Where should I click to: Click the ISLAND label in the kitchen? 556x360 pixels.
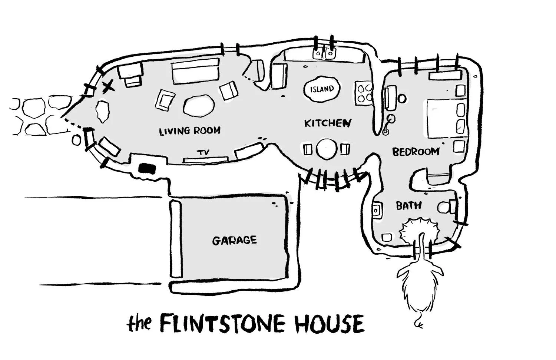pos(322,89)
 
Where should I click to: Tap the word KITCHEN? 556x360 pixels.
pos(327,123)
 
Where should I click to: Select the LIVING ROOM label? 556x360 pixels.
pos(190,131)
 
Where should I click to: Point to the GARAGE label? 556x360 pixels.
pos(234,240)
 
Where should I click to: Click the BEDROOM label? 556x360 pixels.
pos(416,152)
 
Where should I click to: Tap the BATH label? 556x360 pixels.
pos(408,205)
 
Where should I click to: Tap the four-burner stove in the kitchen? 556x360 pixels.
pos(364,93)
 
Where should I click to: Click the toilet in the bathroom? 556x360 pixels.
pos(447,207)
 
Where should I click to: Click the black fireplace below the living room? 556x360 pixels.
pos(147,168)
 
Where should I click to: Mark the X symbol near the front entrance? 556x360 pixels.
pos(108,87)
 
